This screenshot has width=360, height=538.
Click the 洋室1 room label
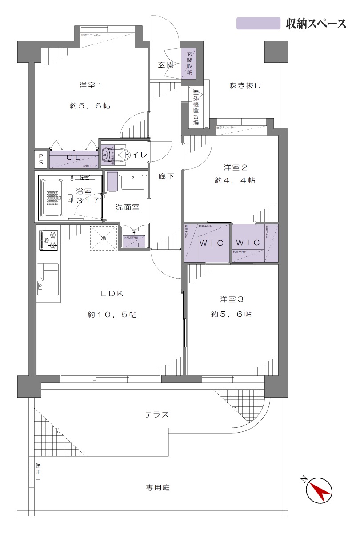[x=90, y=85]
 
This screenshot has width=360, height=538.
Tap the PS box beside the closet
[x=41, y=159]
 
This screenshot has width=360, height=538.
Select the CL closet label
[x=73, y=157]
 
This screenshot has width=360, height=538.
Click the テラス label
[x=156, y=414]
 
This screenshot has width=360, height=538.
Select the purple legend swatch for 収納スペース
[x=258, y=23]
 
